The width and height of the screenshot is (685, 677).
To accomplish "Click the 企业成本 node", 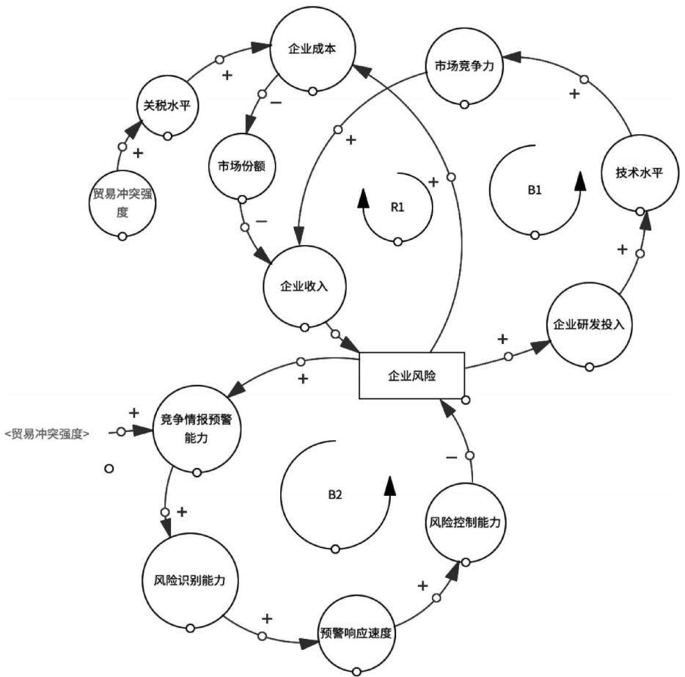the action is pos(312,49).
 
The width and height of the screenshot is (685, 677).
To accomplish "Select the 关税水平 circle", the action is pos(167,106).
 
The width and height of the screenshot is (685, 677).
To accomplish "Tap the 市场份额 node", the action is pos(241,166).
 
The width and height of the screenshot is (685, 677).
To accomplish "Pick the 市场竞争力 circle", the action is pos(464,66).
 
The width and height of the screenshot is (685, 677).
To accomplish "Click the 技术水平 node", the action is pos(640,173).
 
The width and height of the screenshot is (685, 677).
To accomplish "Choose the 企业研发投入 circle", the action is pos(590,325).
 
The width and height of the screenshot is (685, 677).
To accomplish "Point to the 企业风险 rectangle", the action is pos(411,376).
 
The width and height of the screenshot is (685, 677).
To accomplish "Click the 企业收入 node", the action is pos(304,287).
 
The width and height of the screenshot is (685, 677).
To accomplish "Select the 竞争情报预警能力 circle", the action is pos(197,429).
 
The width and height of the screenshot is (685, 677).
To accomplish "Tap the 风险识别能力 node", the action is pos(190,580).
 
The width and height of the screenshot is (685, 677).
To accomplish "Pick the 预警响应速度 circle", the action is pos(356,633).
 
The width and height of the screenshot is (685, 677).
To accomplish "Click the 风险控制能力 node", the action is pos(465,522).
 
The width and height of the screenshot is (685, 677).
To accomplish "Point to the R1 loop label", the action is pos(397,207).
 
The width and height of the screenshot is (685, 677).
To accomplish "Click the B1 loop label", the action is pos(534,190).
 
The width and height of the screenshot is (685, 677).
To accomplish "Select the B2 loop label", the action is pos(335,494).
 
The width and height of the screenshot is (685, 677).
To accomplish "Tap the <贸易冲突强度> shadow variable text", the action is pos(48,433).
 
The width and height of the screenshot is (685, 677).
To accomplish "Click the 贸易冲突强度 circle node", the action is pos(122,203).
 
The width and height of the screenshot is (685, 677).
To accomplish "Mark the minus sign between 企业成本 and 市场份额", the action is pos(276,103).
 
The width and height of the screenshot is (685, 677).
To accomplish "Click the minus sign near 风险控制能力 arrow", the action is pos(451,457).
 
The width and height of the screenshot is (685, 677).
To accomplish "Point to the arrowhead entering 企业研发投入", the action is pos(540,347).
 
